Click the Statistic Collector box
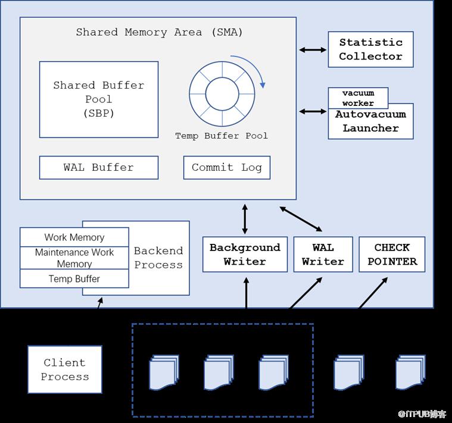pos(370,49)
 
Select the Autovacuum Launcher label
pos(370,121)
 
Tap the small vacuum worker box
pos(358,98)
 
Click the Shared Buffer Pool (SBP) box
pos(99,99)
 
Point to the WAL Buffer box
pos(99,168)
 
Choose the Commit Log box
pos(226,168)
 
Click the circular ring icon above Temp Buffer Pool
pos(222,94)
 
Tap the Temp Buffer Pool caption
pos(222,136)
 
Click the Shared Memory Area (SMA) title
pos(159,32)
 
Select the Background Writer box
pos(245,255)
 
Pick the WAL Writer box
pos(323,255)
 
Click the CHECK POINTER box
pos(392,255)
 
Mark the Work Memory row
pos(74,237)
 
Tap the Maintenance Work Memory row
pos(74,258)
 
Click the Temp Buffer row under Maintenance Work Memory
pos(74,278)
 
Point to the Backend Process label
pos(158,258)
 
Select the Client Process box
pos(65,369)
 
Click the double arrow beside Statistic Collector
pos(313,50)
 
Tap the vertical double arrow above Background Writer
pos(245,219)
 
